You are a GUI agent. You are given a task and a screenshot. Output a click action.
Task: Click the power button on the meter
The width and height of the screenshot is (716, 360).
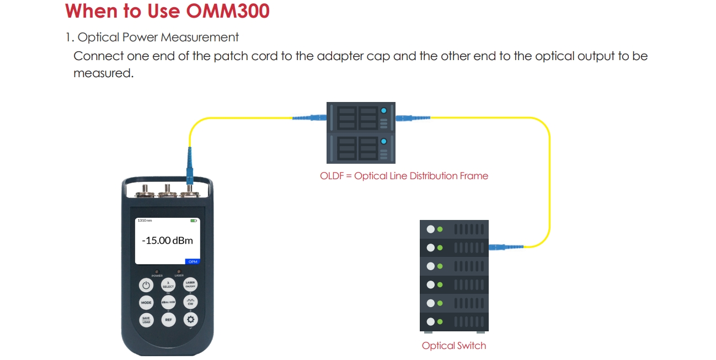[146, 285]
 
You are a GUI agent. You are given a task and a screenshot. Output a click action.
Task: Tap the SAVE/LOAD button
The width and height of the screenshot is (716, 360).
[146, 320]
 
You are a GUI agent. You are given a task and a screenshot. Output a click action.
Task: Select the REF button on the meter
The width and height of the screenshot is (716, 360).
[168, 320]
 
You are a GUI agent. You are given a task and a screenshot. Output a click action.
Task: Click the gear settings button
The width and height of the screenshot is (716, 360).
[191, 320]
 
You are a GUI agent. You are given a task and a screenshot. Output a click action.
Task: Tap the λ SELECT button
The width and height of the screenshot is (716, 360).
[168, 285]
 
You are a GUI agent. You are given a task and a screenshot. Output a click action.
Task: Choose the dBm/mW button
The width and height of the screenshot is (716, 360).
[168, 303]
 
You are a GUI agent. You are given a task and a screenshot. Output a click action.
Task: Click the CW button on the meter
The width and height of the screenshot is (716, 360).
[191, 303]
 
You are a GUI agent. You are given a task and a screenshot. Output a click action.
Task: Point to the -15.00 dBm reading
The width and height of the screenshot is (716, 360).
[167, 241]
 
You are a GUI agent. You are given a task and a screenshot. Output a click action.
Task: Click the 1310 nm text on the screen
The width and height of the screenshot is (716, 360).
[145, 221]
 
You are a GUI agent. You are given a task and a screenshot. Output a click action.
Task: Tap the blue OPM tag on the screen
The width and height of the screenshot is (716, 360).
[193, 261]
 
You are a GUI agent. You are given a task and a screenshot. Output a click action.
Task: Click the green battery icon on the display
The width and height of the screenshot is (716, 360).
[194, 221]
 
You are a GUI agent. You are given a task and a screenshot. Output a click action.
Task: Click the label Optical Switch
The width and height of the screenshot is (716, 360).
[454, 346]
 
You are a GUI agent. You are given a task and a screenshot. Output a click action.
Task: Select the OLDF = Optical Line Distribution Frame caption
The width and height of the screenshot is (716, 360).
[404, 176]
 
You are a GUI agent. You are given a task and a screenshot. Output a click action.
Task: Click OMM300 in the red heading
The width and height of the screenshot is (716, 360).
[228, 11]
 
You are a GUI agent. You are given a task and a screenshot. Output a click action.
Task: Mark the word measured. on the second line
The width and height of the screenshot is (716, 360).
[104, 73]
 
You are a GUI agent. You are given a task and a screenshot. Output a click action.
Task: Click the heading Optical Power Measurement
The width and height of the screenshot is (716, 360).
[158, 37]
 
